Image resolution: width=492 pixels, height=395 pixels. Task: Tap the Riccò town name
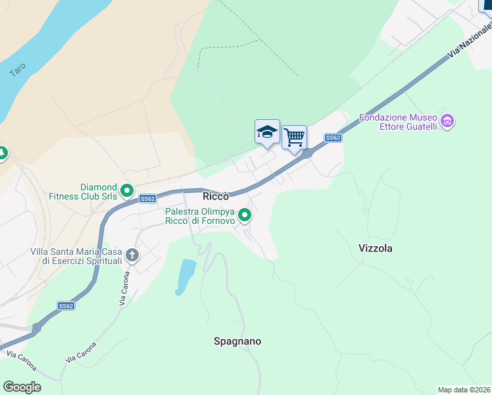tap(216, 196)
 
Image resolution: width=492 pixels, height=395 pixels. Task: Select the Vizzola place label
tap(376, 248)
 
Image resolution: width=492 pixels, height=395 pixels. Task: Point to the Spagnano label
tap(237, 341)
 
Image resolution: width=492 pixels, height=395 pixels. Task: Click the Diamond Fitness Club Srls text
tap(98, 191)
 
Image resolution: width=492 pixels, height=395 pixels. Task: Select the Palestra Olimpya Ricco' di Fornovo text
tap(200, 216)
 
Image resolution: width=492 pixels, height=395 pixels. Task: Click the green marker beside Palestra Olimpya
tap(245, 215)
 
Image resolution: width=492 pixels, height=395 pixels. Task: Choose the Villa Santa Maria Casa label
tap(76, 256)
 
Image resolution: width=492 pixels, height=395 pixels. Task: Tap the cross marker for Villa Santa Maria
tap(132, 255)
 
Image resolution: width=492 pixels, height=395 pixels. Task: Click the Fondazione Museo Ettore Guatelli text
tap(399, 122)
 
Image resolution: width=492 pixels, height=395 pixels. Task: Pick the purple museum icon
tap(448, 121)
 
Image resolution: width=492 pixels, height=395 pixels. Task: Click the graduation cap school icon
tap(267, 132)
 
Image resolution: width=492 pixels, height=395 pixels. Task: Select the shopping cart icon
tap(295, 138)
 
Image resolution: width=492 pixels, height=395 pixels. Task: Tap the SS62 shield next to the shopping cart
tap(333, 138)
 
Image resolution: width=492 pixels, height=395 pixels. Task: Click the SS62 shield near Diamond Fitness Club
tap(147, 198)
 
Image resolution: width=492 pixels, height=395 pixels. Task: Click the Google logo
tap(22, 386)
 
